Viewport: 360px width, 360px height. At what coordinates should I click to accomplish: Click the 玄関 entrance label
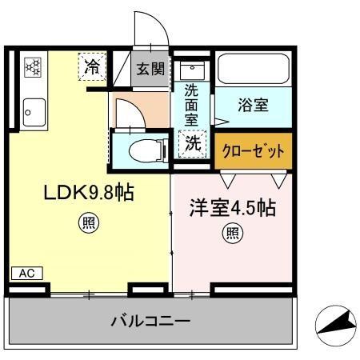150,68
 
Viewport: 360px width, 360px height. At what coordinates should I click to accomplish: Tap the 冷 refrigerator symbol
93,68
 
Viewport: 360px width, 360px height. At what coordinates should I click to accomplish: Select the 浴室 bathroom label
253,105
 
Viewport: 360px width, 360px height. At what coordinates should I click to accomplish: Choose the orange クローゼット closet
253,150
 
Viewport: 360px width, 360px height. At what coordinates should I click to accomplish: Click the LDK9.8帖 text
88,193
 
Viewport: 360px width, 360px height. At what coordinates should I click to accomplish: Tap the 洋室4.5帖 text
233,208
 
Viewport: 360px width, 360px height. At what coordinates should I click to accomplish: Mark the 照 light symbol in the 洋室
232,234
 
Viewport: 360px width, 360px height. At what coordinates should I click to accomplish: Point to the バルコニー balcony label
150,321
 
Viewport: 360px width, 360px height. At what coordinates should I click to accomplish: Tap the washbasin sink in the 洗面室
192,69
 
